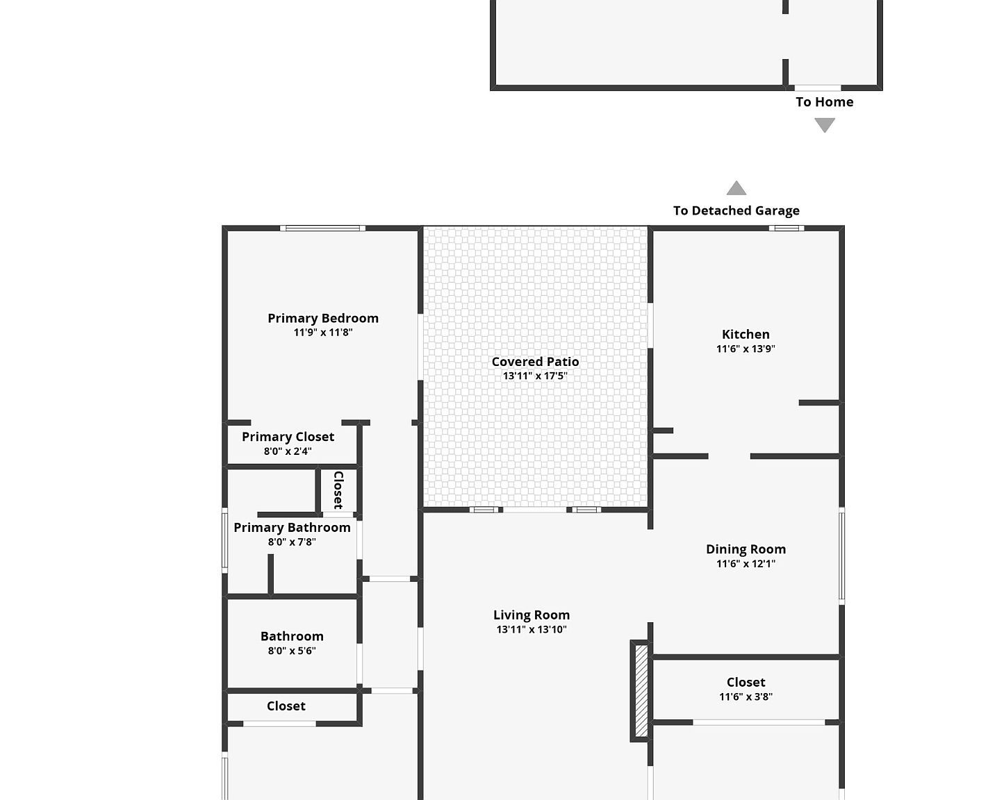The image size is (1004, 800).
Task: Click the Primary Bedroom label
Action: coord(323,318)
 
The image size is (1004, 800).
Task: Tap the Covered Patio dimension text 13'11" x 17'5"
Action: coord(535,376)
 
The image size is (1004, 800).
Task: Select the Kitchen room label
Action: coord(746,334)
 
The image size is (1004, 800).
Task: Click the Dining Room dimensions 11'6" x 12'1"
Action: coord(746,563)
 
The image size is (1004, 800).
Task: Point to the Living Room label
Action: coord(532,615)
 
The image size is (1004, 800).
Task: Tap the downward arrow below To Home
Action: coord(824,125)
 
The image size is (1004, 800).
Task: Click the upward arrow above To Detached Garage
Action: coord(736,188)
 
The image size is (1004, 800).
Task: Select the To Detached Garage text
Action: coord(736,210)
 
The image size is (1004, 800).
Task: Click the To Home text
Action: coord(824,102)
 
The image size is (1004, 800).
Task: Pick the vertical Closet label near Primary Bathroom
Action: coord(338,490)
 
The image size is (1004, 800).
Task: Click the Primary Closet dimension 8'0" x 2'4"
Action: coord(288,451)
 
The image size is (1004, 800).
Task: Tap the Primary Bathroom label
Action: coord(292,527)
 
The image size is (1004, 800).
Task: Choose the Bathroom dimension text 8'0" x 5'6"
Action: coord(292,651)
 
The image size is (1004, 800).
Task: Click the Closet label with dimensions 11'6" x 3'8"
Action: coord(746,682)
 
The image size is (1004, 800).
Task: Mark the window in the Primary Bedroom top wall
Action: coord(322,228)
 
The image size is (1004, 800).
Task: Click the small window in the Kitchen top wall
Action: coord(787,228)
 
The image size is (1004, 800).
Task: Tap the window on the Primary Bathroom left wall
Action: coord(224,540)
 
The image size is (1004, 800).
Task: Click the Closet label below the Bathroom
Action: coord(286,706)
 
